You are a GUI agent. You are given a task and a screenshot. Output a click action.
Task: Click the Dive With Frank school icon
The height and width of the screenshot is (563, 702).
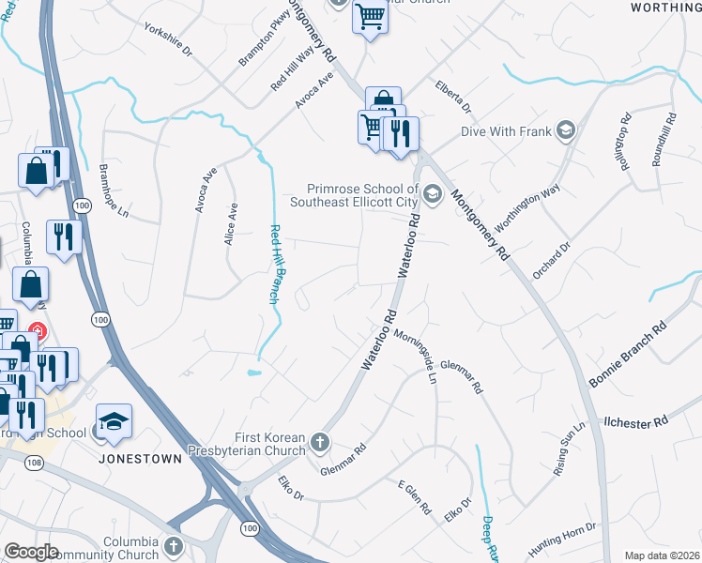click(565, 130)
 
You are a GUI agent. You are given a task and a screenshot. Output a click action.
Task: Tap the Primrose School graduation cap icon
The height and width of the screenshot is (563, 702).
click(432, 194)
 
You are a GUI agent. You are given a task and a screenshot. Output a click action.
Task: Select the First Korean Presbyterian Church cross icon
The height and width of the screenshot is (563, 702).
click(320, 441)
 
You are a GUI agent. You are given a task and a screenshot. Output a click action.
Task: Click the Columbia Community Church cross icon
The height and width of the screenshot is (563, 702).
click(173, 545)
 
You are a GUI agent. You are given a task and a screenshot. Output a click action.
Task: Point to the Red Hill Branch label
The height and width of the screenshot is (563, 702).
click(276, 265)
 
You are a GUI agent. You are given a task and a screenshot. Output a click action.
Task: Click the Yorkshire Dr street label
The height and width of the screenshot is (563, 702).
click(168, 38)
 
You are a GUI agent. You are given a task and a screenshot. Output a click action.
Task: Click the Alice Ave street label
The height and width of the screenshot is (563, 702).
click(230, 225)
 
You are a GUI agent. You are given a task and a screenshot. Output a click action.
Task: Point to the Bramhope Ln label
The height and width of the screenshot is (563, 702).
click(113, 191)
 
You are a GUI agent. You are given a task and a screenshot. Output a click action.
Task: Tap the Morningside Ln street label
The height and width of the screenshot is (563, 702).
click(416, 357)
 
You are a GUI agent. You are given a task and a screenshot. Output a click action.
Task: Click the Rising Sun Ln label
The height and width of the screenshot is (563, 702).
click(569, 450)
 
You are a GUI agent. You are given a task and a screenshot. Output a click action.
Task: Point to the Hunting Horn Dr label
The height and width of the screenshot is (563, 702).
click(564, 534)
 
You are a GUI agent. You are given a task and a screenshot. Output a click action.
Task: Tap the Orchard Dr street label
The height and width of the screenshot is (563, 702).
click(551, 260)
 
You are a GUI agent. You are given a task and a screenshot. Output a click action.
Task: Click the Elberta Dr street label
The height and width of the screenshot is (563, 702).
click(452, 95)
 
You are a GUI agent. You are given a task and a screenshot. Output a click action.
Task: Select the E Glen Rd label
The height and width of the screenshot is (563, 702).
click(413, 497)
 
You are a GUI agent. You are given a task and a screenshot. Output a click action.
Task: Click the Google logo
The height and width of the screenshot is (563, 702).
click(31, 552)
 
